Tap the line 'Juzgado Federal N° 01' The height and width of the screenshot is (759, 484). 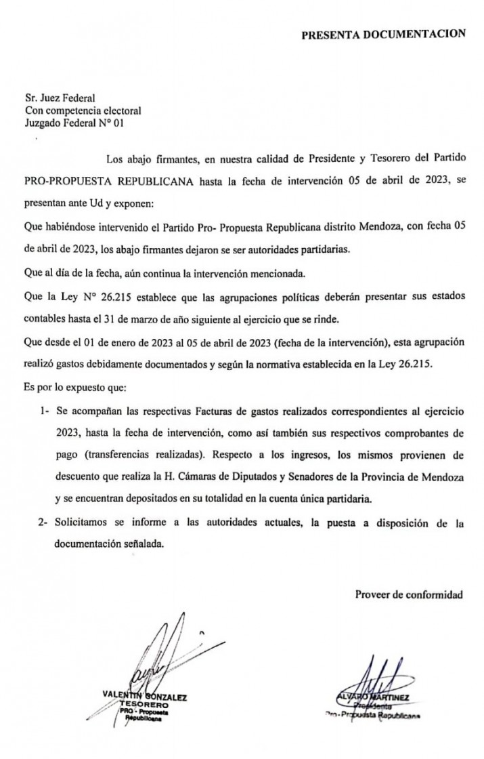74,123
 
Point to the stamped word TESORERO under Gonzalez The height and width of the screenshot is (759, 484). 142,704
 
